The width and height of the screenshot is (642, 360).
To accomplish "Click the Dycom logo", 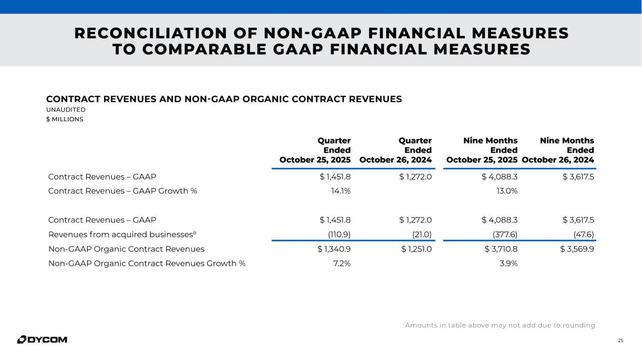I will (42, 339).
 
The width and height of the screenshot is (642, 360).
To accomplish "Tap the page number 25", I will (620, 340).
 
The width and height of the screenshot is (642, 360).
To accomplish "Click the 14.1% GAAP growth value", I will (341, 191).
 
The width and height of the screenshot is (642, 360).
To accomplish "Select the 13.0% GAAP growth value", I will (507, 191).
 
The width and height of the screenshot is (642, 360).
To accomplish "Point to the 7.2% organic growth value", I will (341, 263).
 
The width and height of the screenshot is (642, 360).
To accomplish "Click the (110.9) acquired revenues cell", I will (339, 234).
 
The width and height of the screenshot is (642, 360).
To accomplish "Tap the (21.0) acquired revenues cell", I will (421, 234).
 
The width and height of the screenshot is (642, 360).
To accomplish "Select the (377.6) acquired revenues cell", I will (504, 234).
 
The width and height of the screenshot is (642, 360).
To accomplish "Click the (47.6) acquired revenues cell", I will (583, 234).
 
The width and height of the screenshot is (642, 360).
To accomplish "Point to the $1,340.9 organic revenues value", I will (334, 249).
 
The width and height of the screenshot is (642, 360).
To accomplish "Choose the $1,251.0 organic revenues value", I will (416, 249).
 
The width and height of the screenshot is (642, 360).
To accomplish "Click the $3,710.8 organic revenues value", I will (501, 249).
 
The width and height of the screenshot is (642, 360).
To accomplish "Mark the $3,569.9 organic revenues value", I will (577, 249).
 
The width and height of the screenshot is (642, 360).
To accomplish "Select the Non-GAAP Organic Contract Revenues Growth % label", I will (147, 263).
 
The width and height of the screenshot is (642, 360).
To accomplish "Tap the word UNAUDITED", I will (66, 110).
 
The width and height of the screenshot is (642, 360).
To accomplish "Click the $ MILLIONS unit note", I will (64, 119).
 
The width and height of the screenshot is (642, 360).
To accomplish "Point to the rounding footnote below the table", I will (500, 325).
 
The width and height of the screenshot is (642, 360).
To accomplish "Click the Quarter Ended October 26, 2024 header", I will (396, 150).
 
